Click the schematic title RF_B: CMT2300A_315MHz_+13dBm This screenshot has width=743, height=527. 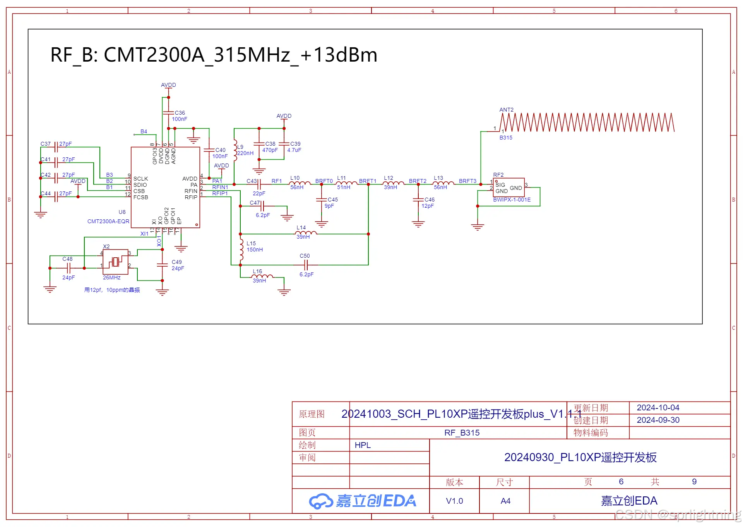pyautogui.click(x=214, y=55)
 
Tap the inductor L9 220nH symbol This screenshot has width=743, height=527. pyautogui.click(x=235, y=150)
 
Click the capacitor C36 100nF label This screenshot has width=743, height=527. pyautogui.click(x=180, y=116)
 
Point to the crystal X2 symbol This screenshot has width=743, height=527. pyautogui.click(x=115, y=262)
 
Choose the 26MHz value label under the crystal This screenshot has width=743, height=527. pyautogui.click(x=111, y=277)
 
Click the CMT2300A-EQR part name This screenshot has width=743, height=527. pyautogui.click(x=108, y=221)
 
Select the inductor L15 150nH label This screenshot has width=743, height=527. pyautogui.click(x=254, y=246)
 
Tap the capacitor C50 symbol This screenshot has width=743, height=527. pyautogui.click(x=306, y=265)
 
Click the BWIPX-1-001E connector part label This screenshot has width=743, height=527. pyautogui.click(x=512, y=200)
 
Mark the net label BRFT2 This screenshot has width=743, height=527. pyautogui.click(x=417, y=181)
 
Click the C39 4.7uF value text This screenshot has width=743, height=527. pyautogui.click(x=294, y=150)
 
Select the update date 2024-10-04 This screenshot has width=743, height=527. pyautogui.click(x=658, y=408)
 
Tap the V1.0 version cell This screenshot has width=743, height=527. pyautogui.click(x=454, y=501)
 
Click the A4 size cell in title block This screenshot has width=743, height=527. pyautogui.click(x=505, y=501)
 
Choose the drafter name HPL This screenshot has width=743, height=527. pyautogui.click(x=363, y=445)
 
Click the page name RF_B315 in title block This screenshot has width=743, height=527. pyautogui.click(x=462, y=433)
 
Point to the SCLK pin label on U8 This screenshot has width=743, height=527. pyautogui.click(x=140, y=179)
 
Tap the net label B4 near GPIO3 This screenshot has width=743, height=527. pyautogui.click(x=144, y=131)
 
